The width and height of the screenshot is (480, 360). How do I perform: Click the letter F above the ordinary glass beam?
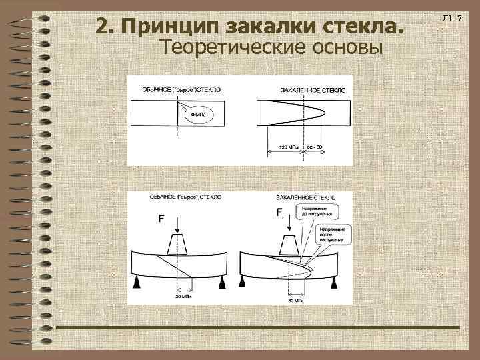click(161, 219)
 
